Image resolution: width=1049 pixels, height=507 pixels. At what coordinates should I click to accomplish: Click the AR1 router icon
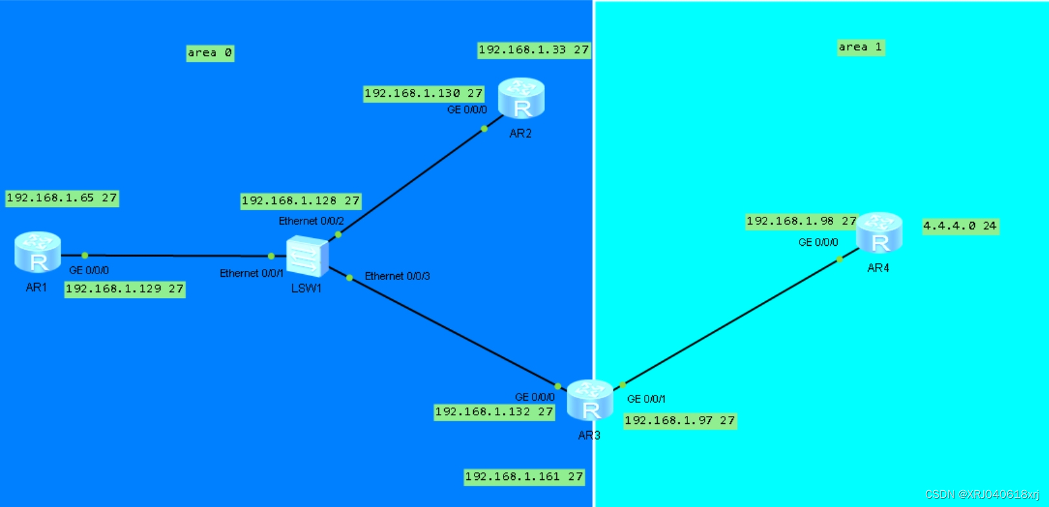click(x=38, y=252)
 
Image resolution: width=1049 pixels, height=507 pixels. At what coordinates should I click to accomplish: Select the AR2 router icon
click(x=522, y=99)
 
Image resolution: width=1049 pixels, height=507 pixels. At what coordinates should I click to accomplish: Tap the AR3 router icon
click(x=589, y=401)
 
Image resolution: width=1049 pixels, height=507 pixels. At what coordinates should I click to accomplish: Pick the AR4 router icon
click(x=879, y=233)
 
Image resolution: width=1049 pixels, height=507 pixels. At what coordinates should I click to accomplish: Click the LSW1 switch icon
click(x=307, y=256)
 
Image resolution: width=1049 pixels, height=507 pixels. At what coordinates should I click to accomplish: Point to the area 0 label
click(x=210, y=53)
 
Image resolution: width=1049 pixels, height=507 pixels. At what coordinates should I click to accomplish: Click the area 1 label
click(x=860, y=47)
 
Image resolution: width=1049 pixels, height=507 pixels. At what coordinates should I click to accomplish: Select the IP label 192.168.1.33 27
click(x=533, y=50)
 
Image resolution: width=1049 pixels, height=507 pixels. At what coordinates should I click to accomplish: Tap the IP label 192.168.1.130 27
click(x=423, y=94)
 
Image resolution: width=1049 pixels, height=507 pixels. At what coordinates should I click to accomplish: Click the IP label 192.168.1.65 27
click(x=62, y=198)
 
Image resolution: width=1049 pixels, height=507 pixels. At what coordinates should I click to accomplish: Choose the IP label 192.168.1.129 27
click(x=124, y=289)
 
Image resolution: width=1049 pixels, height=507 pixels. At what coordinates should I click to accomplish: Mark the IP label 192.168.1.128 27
click(x=300, y=201)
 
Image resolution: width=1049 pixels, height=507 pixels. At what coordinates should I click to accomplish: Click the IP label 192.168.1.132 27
click(x=494, y=412)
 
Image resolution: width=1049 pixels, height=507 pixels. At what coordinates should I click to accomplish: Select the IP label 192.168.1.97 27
click(x=680, y=421)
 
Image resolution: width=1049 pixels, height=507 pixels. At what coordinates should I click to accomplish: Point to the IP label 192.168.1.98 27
click(x=801, y=221)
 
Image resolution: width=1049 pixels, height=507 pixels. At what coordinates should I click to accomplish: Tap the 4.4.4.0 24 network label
click(x=960, y=226)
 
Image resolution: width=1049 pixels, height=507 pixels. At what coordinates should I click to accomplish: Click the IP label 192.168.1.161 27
click(x=524, y=477)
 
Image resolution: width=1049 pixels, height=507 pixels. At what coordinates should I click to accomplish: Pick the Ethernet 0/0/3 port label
click(x=397, y=276)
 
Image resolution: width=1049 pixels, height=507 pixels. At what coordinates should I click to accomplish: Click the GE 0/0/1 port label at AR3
click(x=646, y=399)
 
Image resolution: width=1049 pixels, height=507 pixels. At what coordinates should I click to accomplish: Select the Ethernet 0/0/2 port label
click(x=311, y=221)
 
